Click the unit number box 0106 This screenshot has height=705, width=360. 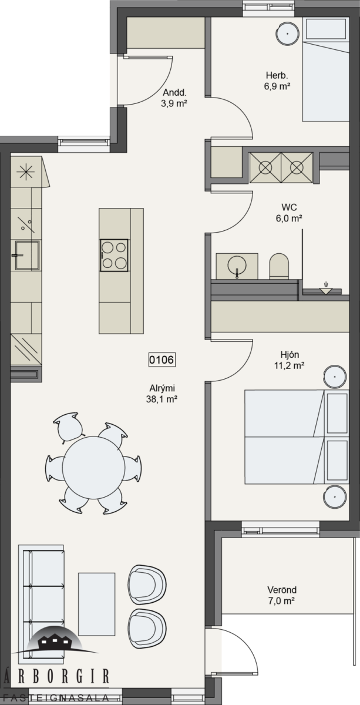pos(162,360)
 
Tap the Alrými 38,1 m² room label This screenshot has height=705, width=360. pos(162,394)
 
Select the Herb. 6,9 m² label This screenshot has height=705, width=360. pos(277,80)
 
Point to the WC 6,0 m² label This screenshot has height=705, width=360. pos(289,213)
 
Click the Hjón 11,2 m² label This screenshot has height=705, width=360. pos(289,360)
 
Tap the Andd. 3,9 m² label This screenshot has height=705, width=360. pos(174,98)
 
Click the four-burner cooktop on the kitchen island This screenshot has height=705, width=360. pos(115,255)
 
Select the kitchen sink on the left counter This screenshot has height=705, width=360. pos(27,255)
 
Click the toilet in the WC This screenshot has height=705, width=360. pos(279,266)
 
